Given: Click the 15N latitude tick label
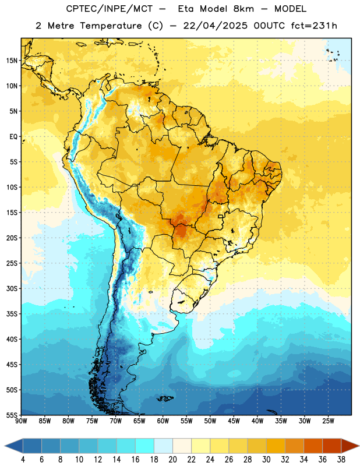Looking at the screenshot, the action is click(12, 61).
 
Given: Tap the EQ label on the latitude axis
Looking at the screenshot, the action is click(13, 137).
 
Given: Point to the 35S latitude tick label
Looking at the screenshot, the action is click(12, 314).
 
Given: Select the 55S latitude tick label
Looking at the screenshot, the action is click(12, 415).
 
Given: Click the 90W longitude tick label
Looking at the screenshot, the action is click(21, 421).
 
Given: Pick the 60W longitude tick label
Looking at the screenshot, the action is click(163, 421).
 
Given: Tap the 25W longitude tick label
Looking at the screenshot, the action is click(328, 421).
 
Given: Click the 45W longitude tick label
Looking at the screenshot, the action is click(234, 421).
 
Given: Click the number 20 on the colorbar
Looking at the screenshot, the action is click(172, 460).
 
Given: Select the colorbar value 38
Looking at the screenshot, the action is click(341, 460).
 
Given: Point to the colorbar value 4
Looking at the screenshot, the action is click(23, 460).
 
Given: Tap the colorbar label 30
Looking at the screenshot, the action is click(266, 460).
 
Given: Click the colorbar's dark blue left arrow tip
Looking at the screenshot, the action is click(5, 446).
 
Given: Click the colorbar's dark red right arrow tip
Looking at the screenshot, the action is click(359, 446).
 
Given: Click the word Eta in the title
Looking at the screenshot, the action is click(186, 9).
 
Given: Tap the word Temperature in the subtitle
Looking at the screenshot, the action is click(111, 26).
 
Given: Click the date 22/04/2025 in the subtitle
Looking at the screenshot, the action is click(215, 26).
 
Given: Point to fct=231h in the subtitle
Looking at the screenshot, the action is click(314, 26).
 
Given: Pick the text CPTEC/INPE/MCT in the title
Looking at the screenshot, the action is click(109, 9).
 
